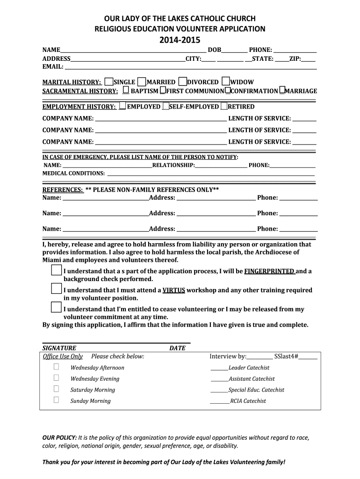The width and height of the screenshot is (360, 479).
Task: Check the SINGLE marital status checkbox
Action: [x=109, y=81]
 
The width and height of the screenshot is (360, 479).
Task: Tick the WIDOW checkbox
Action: [x=226, y=81]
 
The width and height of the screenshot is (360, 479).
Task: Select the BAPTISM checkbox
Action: [x=126, y=90]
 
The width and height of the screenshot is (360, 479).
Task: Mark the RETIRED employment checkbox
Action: [x=224, y=106]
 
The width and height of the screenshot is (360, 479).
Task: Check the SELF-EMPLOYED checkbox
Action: [x=166, y=106]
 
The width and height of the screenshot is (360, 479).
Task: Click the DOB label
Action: [x=215, y=50]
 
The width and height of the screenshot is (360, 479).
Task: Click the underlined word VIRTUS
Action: [x=174, y=290]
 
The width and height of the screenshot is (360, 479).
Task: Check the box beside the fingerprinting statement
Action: [x=56, y=270]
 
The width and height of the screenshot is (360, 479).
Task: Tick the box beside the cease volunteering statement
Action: [x=56, y=307]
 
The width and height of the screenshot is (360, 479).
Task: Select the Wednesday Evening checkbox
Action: [x=57, y=378]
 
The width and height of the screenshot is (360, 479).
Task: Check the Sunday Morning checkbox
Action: [x=57, y=400]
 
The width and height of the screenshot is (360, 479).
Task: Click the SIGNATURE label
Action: [x=59, y=348]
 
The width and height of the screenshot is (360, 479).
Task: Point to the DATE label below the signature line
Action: [x=177, y=348]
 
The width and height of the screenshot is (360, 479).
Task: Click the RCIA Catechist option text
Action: [x=248, y=401]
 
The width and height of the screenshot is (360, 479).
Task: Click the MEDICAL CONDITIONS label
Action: [x=74, y=173]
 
